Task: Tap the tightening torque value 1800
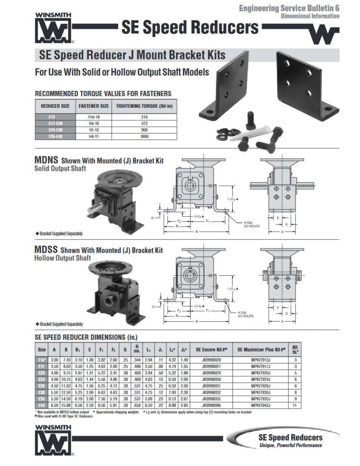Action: (144, 136)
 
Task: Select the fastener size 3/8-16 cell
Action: (94, 122)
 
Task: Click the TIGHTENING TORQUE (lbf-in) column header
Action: (144, 106)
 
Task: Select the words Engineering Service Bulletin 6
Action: (289, 8)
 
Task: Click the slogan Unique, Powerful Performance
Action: (291, 445)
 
